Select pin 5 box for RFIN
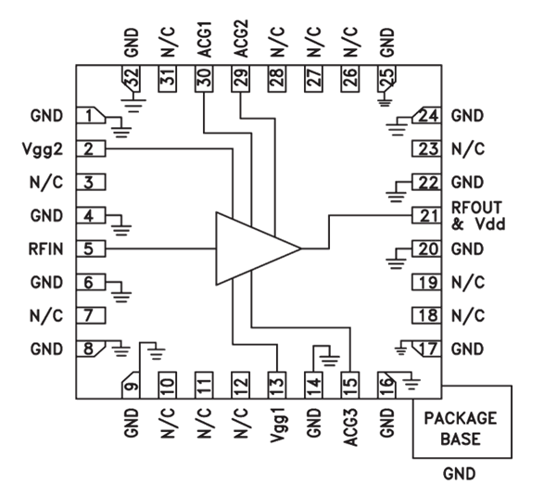(x=90, y=248)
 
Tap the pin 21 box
(x=426, y=215)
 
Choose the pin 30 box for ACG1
(x=203, y=80)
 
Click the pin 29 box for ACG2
(x=240, y=80)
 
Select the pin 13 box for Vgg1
(x=276, y=383)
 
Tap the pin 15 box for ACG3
(x=349, y=383)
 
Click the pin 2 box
(x=90, y=148)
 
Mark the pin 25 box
(x=386, y=80)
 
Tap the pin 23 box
(x=426, y=148)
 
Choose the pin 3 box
(x=90, y=182)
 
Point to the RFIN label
(x=45, y=248)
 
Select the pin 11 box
(x=203, y=383)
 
